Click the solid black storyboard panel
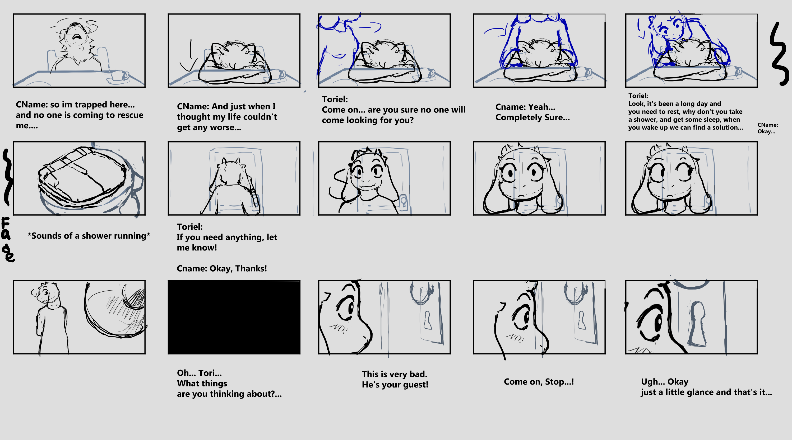(x=234, y=317)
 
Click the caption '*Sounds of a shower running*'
(x=89, y=235)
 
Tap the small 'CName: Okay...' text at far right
(x=768, y=128)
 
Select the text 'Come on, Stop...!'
(x=539, y=382)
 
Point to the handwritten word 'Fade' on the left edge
(x=7, y=239)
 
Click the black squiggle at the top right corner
(x=779, y=54)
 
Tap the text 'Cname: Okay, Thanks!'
(x=222, y=268)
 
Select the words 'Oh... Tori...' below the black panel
(x=199, y=373)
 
